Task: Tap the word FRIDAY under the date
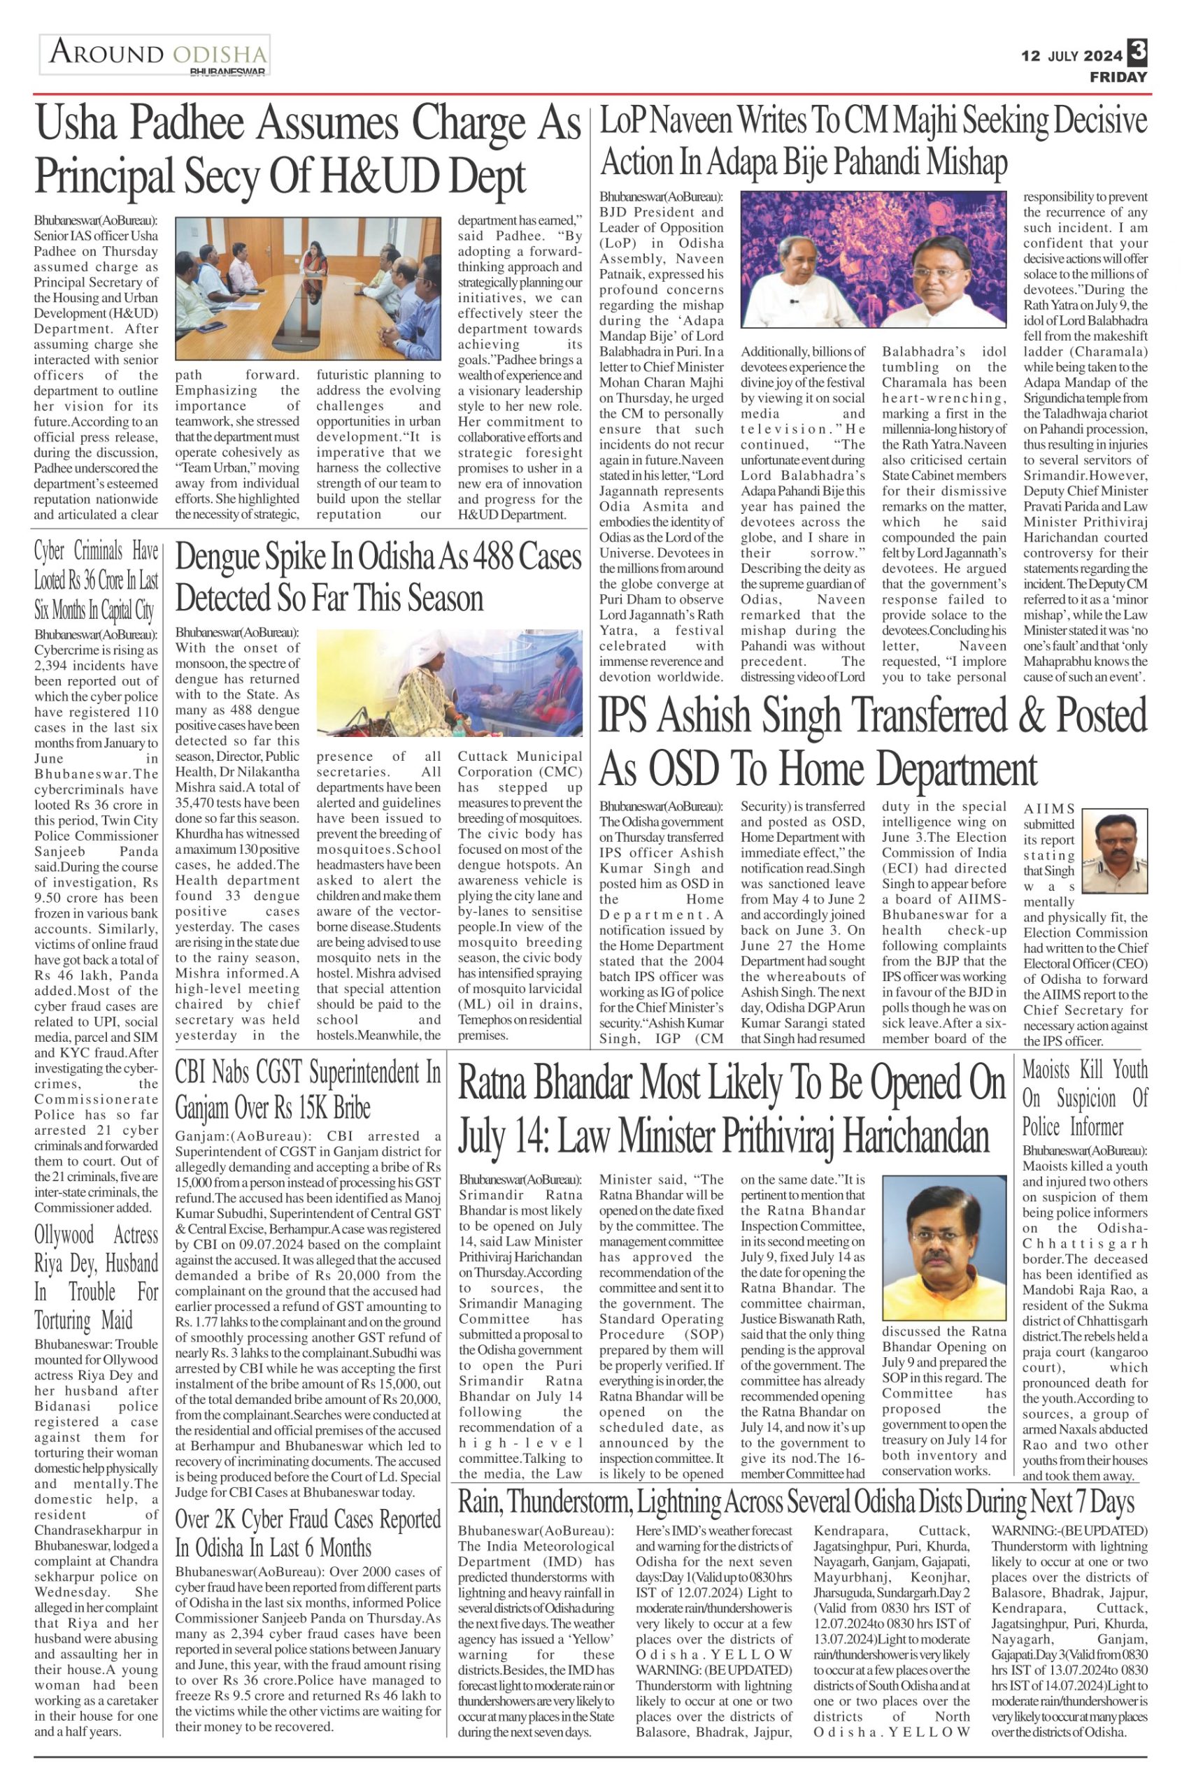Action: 1118,77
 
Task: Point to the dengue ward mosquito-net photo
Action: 449,683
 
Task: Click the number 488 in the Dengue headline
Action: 449,557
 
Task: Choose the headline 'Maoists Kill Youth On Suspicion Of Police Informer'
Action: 1084,1097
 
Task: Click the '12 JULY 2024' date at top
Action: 1070,56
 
